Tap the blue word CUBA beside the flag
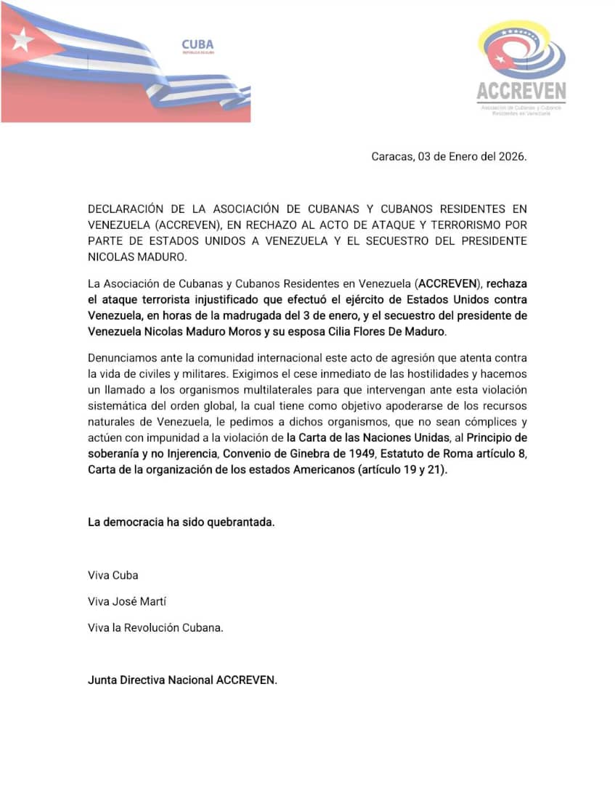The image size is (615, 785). pyautogui.click(x=197, y=45)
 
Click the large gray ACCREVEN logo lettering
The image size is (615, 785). pyautogui.click(x=521, y=91)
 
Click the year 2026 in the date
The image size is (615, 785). pyautogui.click(x=510, y=156)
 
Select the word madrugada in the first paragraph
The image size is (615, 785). pyautogui.click(x=279, y=316)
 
